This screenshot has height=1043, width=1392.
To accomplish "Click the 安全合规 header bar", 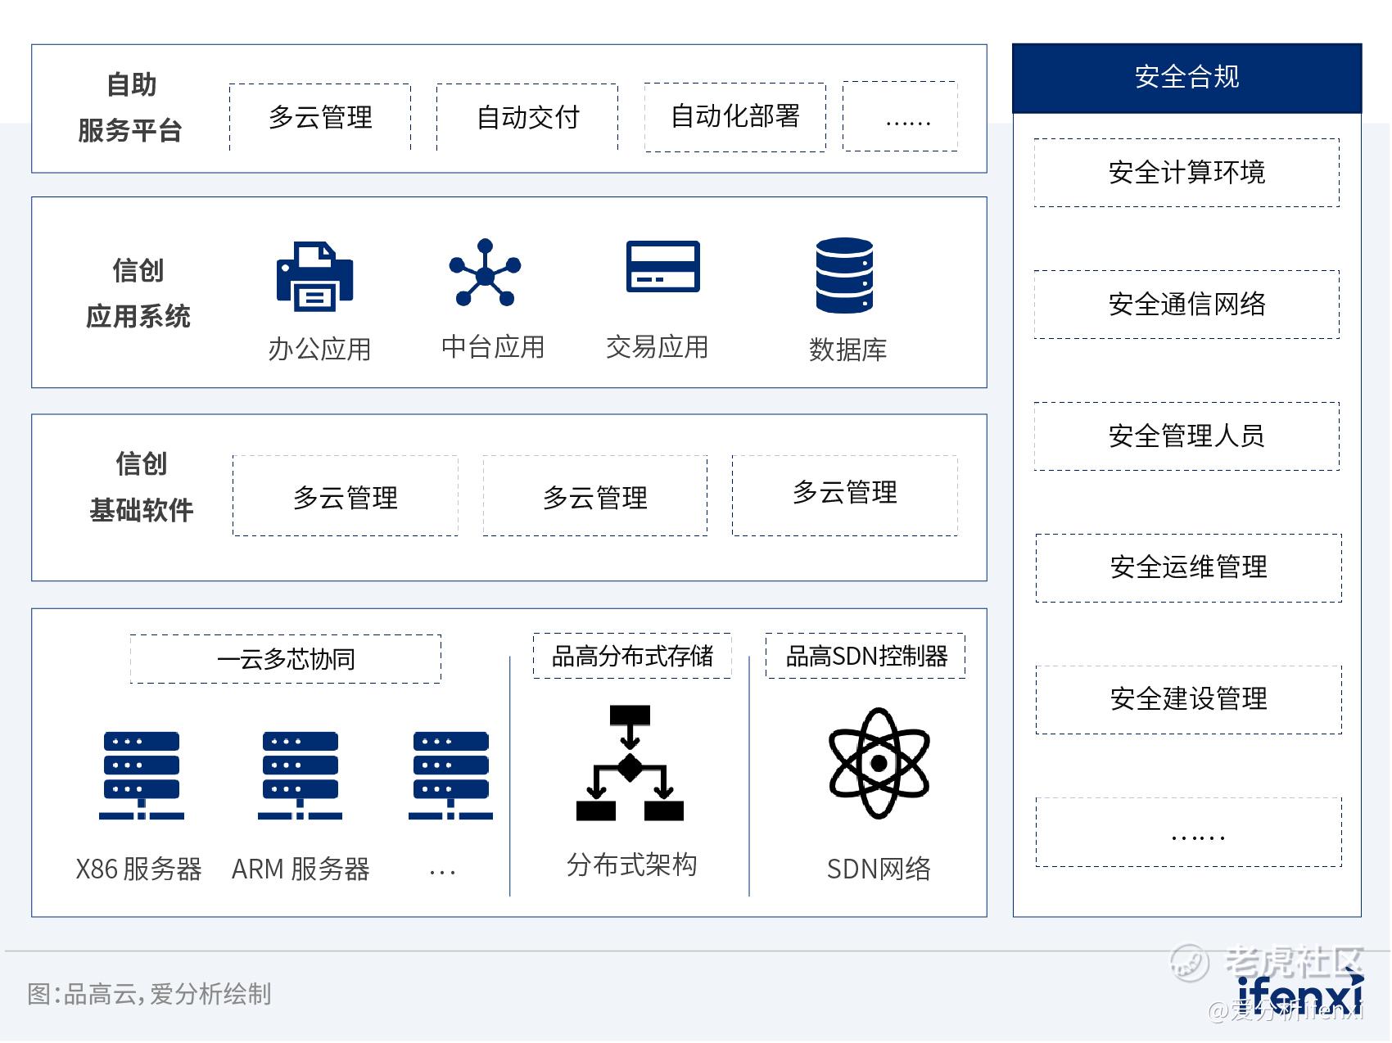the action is point(1186,78).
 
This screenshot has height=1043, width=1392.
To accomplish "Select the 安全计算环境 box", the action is point(1186,173).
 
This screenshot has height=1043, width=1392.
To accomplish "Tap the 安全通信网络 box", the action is point(1186,305).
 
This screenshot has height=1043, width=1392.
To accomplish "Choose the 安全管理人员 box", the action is point(1186,436).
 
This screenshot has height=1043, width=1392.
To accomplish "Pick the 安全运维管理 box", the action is point(1188,568).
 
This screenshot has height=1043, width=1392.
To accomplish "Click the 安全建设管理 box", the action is point(1188,700).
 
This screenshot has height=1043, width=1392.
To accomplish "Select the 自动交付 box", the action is point(527,117).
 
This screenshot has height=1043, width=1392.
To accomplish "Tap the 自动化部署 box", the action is point(735,117).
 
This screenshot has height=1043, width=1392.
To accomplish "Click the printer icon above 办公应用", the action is point(315,276).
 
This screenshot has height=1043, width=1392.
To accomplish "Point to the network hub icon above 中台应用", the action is point(485,273).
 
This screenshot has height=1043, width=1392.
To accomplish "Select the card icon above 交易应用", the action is point(663,266).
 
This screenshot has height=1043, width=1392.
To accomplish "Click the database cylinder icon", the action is point(844,275).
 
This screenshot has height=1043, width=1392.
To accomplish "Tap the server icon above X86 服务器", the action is point(142,775).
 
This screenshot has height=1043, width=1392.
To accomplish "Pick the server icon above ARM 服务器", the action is point(301,775).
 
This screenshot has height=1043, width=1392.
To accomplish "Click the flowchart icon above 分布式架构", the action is point(630,763).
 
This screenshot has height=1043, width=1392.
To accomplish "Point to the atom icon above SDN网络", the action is point(879,763).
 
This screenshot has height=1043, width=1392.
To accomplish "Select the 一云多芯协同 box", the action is point(286,659).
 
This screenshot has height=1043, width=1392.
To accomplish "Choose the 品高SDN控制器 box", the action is point(865,656).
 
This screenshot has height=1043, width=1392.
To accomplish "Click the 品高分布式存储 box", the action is point(632,656).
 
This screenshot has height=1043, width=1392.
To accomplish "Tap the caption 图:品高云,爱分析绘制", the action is point(149,994).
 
